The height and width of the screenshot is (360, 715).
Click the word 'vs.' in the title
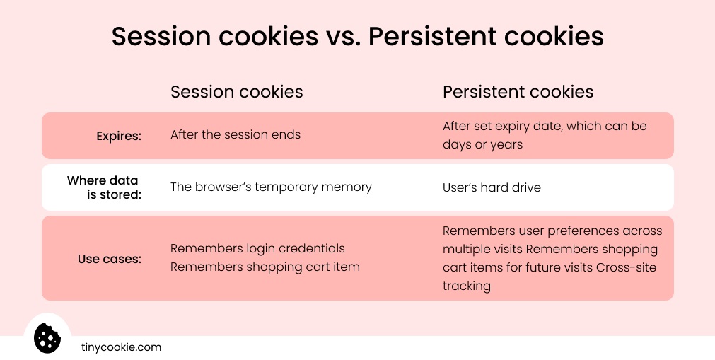tap(342, 37)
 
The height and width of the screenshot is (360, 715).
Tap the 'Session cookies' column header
tap(236, 92)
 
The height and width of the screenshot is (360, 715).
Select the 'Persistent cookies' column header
tap(518, 92)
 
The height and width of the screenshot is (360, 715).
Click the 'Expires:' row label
tap(119, 136)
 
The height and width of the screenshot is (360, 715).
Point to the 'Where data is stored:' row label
tap(103, 187)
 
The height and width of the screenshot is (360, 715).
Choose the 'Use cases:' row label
tap(110, 259)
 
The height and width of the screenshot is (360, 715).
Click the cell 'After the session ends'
tap(236, 134)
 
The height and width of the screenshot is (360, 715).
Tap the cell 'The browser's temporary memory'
tap(271, 187)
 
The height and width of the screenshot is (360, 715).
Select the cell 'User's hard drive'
tap(492, 187)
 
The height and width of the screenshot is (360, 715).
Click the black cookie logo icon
tap(47, 337)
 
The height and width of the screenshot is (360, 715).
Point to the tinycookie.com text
tap(121, 347)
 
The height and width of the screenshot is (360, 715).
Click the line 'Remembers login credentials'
tap(257, 248)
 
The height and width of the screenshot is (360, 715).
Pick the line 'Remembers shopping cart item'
tap(265, 267)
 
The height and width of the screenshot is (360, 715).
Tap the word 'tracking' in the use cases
tap(466, 286)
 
